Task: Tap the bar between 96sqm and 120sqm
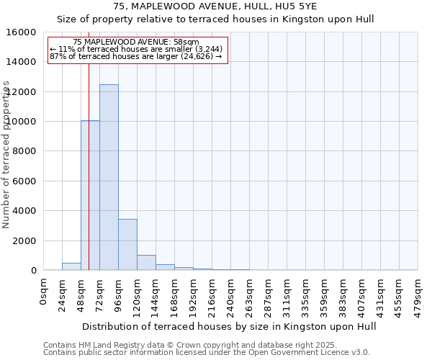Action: click(x=127, y=244)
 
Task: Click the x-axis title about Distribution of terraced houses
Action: click(x=229, y=326)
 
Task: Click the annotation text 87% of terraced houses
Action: click(x=135, y=55)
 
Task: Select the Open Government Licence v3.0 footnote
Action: click(x=206, y=353)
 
